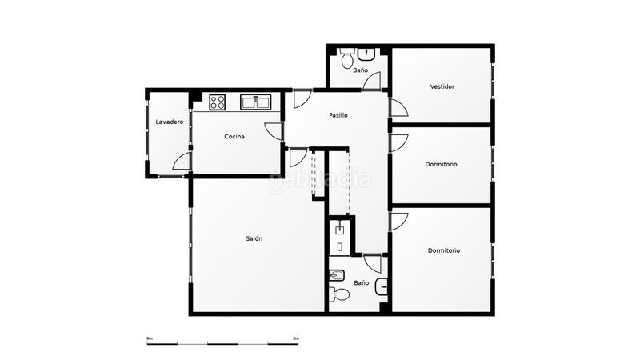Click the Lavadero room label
tap(170, 122)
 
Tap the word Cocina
tap(234, 137)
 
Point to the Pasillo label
tap(338, 115)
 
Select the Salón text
tap(254, 238)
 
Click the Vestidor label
tap(442, 86)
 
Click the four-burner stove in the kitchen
tap(217, 102)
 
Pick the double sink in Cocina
tap(256, 102)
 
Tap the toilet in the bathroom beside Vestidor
tap(347, 58)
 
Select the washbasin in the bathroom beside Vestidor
tap(366, 54)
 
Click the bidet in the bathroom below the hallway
tap(337, 276)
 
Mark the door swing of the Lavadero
tap(182, 162)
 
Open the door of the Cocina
tap(273, 131)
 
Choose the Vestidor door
tap(398, 108)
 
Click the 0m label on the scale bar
tap(150, 338)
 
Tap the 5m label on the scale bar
tap(296, 338)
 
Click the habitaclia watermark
tap(320, 179)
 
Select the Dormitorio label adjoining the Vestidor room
tap(442, 165)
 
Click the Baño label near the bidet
tap(362, 282)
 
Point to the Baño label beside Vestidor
tap(361, 70)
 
